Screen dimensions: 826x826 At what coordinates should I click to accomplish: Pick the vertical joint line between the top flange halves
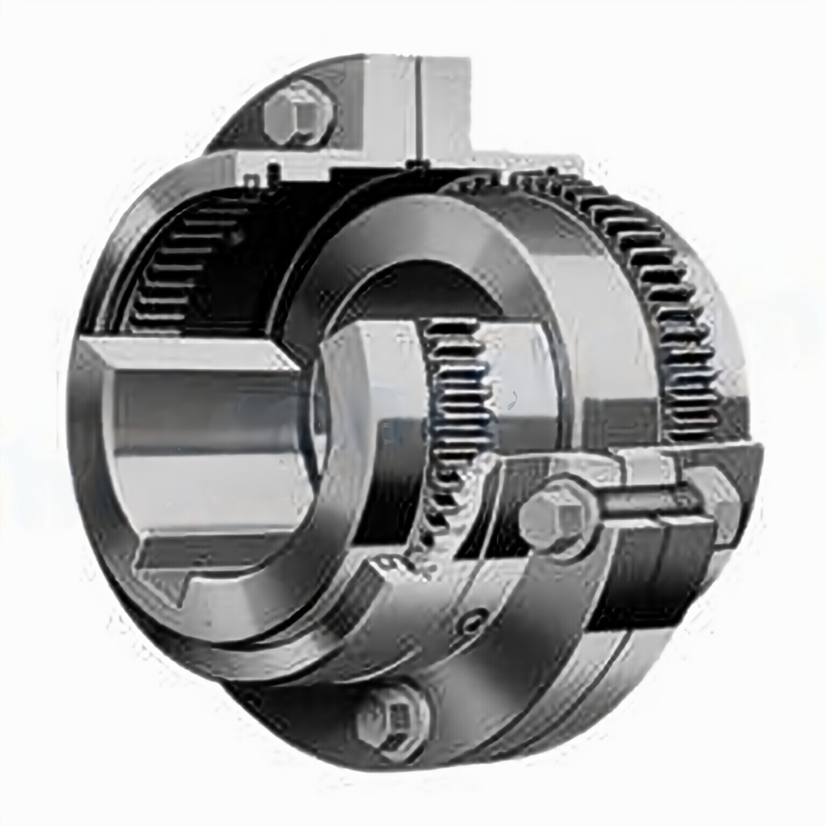(418, 108)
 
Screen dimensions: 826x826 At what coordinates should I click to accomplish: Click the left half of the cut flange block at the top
(382, 108)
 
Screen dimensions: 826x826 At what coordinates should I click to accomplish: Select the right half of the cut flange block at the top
(446, 108)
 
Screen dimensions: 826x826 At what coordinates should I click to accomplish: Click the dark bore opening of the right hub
(425, 290)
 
